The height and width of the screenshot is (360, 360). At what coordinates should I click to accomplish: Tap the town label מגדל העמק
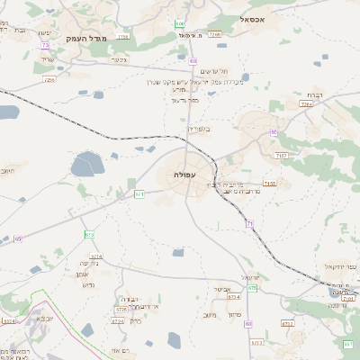click(86, 39)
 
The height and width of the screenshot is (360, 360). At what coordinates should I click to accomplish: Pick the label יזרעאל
click(251, 277)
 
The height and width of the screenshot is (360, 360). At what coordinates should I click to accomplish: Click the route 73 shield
click(45, 43)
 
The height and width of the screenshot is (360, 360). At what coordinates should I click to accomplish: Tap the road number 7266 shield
click(214, 34)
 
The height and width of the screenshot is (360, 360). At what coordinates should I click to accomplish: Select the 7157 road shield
click(282, 156)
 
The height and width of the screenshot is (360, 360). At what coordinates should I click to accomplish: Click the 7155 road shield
click(270, 184)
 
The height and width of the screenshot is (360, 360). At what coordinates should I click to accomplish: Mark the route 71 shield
click(249, 223)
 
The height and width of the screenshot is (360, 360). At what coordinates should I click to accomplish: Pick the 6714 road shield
click(96, 256)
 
